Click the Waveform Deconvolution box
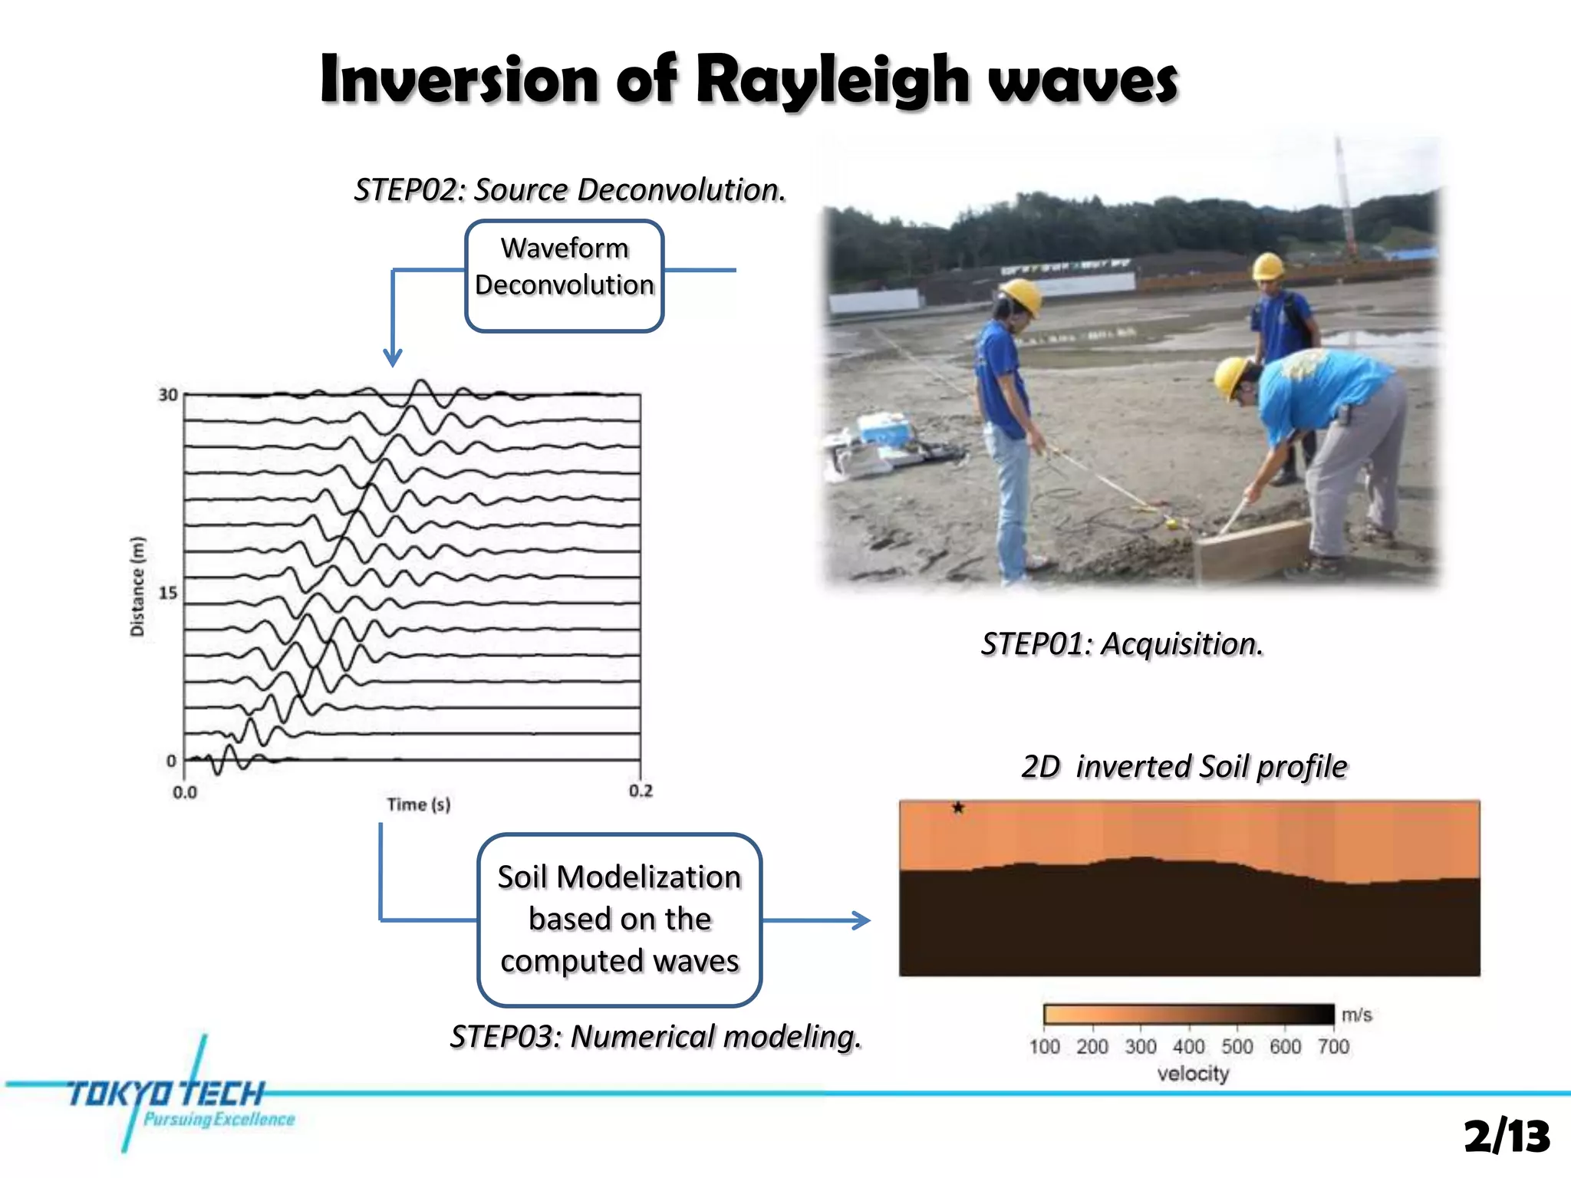[x=564, y=275]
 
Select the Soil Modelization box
[x=619, y=919]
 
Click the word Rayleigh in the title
[x=832, y=81]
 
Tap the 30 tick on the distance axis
[x=168, y=395]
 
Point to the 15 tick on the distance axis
[x=168, y=593]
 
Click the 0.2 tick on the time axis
[x=641, y=791]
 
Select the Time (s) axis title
[x=418, y=805]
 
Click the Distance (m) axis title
[x=137, y=586]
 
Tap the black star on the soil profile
[x=958, y=808]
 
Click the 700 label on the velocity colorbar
[x=1333, y=1047]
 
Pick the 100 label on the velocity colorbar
[x=1044, y=1047]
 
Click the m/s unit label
[x=1356, y=1015]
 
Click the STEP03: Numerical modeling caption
[x=656, y=1037]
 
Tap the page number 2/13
[x=1507, y=1136]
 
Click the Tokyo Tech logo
[x=165, y=1097]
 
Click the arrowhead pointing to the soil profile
[x=862, y=920]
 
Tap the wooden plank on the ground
[x=1250, y=548]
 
